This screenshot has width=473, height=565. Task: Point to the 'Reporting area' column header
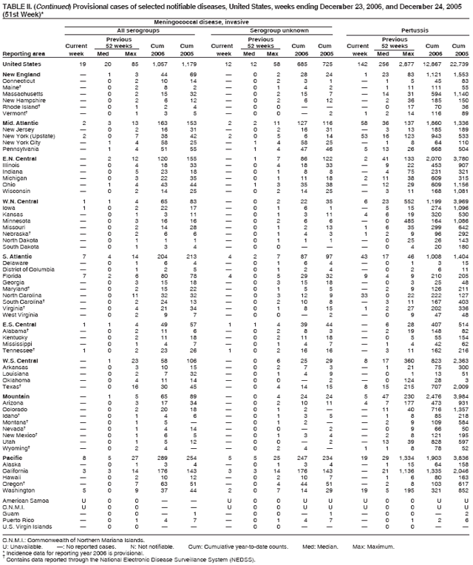[23, 53]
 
